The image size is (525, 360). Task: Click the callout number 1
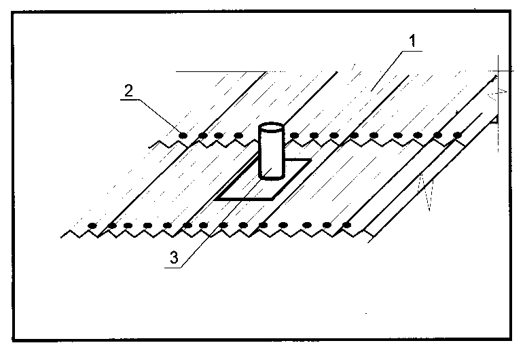tap(413, 41)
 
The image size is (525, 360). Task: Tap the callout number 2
tap(128, 90)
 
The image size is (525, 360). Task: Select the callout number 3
tap(174, 257)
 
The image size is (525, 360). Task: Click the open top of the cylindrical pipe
tap(271, 128)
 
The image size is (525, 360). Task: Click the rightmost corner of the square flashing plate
tap(310, 160)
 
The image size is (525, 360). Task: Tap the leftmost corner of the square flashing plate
tap(215, 199)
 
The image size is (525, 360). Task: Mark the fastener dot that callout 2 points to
tap(183, 135)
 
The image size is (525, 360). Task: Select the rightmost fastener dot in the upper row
tap(457, 135)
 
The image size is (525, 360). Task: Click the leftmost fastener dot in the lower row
tap(92, 226)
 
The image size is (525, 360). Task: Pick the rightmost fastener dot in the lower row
tap(347, 225)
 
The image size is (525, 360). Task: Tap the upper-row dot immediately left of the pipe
tap(238, 135)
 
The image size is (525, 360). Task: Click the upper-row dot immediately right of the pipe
tap(294, 135)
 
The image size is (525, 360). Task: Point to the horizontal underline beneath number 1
tap(412, 51)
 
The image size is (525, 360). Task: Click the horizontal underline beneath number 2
tap(130, 99)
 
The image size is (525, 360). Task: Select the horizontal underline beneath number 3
tap(173, 268)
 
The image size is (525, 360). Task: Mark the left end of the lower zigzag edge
tap(61, 238)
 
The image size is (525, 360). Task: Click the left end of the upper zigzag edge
tap(149, 147)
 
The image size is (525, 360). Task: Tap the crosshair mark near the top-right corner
tap(499, 71)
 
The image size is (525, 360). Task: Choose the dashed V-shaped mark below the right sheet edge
tap(425, 191)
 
